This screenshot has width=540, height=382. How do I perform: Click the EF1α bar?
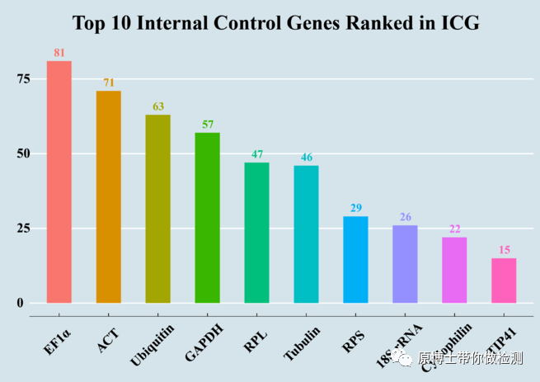coord(59,182)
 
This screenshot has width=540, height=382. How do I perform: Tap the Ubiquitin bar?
coord(157,208)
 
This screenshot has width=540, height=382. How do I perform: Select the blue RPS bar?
coord(355,259)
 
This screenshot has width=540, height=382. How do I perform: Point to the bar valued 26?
coord(405,263)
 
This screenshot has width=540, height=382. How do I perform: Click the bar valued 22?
coord(454,270)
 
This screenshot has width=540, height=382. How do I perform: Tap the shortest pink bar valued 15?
coord(504,281)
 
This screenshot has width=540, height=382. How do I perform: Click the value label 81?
coord(59,53)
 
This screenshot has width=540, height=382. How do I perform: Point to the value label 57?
coord(207,125)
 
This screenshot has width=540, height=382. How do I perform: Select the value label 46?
coord(306,158)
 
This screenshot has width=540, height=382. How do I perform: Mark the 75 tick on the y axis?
coord(22,78)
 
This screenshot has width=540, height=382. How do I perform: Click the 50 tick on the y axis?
coord(22,153)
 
